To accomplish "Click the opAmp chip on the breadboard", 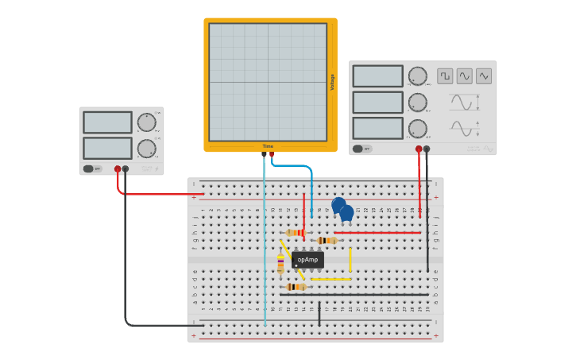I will coord(307,260).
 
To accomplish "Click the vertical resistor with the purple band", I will coord(280,264).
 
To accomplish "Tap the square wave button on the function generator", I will coord(445,76).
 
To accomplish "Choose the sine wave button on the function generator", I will coord(465,76).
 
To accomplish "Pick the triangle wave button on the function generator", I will coord(484,76).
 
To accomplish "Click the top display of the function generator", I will coord(378,76).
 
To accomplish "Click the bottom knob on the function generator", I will coord(417,128).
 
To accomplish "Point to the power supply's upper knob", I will coord(146,122).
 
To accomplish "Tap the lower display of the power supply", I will coord(107,148).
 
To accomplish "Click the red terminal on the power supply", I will coord(118,168).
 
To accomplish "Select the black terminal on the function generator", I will coord(427,149).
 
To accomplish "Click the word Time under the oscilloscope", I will coord(268,146).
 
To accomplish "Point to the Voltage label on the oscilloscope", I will coord(332,82).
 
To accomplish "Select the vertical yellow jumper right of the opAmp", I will coord(350,259).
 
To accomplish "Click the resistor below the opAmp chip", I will coord(296,287).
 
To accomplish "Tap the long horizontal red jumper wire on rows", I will coord(377,233).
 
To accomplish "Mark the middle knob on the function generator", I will coord(417,102).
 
